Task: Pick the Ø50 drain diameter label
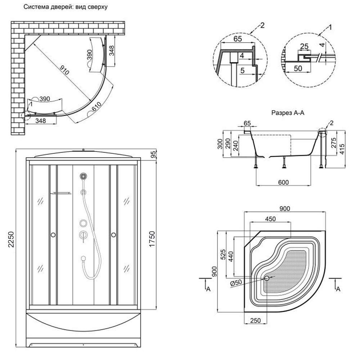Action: (x=235, y=283)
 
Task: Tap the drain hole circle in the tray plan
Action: (x=267, y=278)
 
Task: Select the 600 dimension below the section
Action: (x=284, y=183)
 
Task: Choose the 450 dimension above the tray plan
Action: (x=270, y=219)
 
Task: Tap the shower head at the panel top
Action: (x=84, y=176)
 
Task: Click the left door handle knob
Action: (x=53, y=235)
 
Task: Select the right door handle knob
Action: (x=114, y=235)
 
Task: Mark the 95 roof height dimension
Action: (x=153, y=155)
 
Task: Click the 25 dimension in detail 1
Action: (x=304, y=46)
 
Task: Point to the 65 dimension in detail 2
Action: (x=237, y=39)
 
